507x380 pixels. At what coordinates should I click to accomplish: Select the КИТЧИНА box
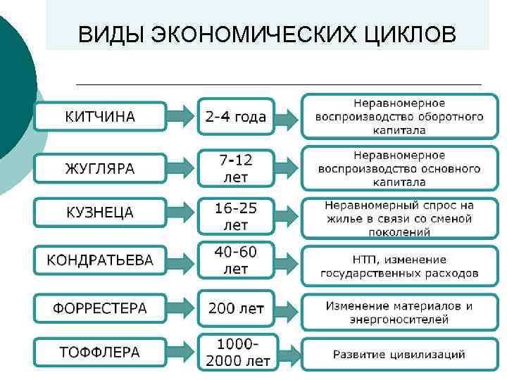pyautogui.click(x=100, y=116)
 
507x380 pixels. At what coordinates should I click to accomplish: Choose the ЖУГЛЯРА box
pyautogui.click(x=100, y=169)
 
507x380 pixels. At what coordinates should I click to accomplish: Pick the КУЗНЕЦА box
pyautogui.click(x=100, y=213)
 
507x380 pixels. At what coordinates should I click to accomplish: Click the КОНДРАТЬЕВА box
pyautogui.click(x=100, y=260)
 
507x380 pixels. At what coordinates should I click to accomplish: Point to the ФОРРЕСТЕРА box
pyautogui.click(x=100, y=308)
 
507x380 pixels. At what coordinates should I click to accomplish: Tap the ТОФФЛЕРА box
pyautogui.click(x=100, y=352)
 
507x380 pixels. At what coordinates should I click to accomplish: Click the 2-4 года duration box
pyautogui.click(x=236, y=116)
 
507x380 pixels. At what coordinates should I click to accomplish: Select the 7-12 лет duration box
pyautogui.click(x=236, y=169)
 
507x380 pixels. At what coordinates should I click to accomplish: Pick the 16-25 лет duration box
pyautogui.click(x=236, y=216)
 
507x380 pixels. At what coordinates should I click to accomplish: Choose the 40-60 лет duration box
pyautogui.click(x=236, y=260)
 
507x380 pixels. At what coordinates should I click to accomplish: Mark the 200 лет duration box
pyautogui.click(x=236, y=308)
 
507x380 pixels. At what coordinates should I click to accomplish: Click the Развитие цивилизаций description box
pyautogui.click(x=399, y=353)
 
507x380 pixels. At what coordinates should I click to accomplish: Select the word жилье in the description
pyautogui.click(x=344, y=218)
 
